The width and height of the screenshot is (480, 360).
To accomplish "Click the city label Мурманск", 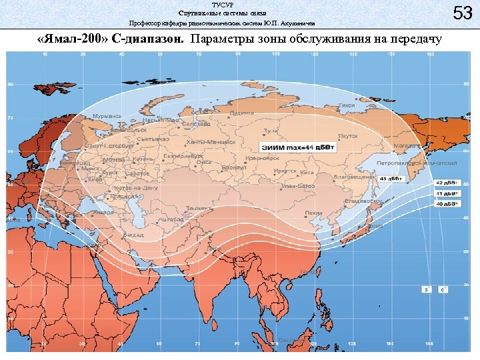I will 107,115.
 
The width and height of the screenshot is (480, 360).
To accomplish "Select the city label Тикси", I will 346,105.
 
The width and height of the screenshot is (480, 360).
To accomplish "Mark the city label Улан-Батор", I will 298,186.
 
